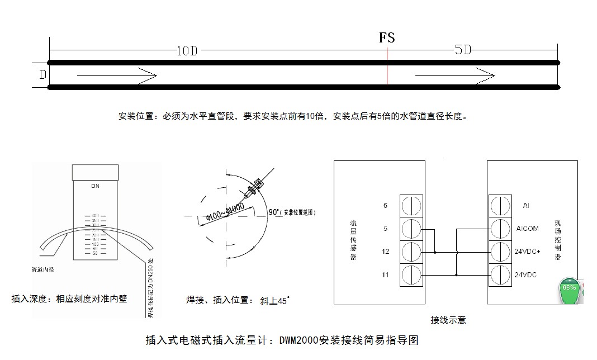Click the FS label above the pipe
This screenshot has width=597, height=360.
[x=387, y=37]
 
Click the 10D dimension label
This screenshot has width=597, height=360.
[x=187, y=51]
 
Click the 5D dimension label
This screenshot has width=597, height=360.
[x=462, y=50]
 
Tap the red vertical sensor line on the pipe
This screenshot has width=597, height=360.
[x=387, y=73]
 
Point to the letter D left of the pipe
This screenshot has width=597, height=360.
[x=42, y=74]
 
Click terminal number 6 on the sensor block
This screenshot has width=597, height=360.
[x=385, y=206]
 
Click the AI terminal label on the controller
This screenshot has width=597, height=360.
[x=525, y=206]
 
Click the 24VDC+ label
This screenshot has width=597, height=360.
[x=527, y=252]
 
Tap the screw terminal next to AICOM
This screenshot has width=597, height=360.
[x=499, y=229]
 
